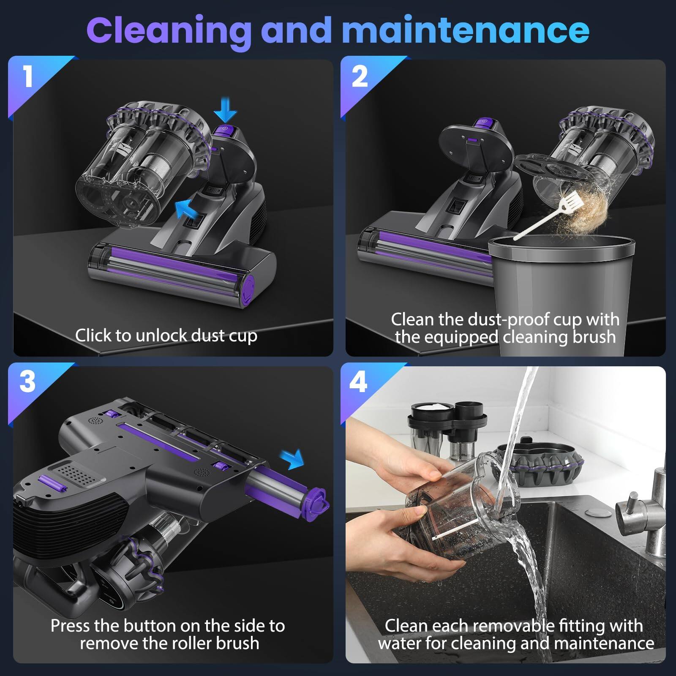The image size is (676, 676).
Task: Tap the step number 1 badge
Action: [x=28, y=77]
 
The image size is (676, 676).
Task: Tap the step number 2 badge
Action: [x=360, y=77]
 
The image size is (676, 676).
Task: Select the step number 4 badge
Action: [x=358, y=382]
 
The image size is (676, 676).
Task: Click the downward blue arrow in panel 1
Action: [x=225, y=109]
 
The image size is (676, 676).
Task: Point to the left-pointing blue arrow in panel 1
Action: [x=187, y=208]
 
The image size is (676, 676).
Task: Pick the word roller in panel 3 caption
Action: [x=191, y=643]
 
